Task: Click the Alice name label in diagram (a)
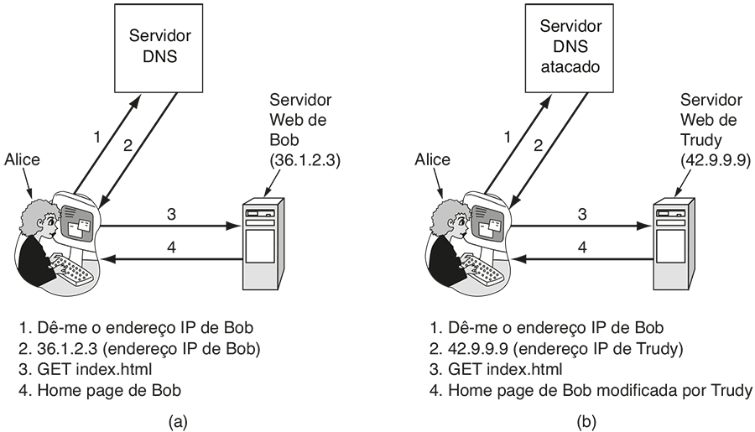tap(21, 159)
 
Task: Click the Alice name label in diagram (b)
tap(433, 159)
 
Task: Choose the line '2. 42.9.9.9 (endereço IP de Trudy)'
tap(558, 348)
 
